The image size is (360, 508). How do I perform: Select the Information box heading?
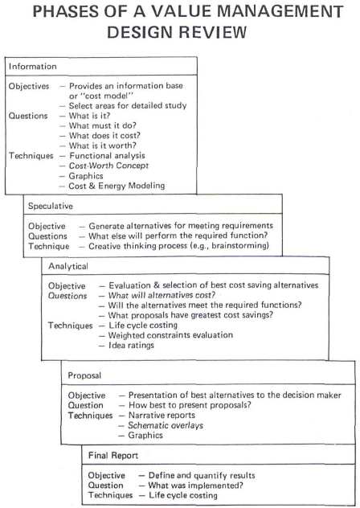(33, 67)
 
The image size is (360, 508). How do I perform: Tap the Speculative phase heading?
(51, 206)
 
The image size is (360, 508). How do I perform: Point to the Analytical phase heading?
(68, 266)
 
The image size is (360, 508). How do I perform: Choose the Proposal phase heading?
(84, 375)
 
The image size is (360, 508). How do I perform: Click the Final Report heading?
(113, 456)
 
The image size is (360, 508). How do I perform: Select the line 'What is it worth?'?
(102, 145)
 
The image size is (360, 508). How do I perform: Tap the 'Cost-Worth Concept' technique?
(108, 166)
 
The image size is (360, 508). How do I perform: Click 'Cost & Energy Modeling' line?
(117, 186)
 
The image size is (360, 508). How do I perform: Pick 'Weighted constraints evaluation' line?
(170, 335)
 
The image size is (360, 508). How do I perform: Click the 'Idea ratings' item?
(131, 345)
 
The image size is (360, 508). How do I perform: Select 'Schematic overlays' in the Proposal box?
(166, 425)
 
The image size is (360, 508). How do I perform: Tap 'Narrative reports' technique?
(162, 415)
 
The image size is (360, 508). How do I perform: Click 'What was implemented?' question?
(196, 485)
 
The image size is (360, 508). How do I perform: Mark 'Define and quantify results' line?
(202, 475)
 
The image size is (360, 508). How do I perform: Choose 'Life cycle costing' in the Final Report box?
(183, 495)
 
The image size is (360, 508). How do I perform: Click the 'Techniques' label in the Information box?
(31, 156)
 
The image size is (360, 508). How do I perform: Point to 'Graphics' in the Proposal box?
(145, 435)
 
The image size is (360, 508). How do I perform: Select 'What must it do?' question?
(102, 125)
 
